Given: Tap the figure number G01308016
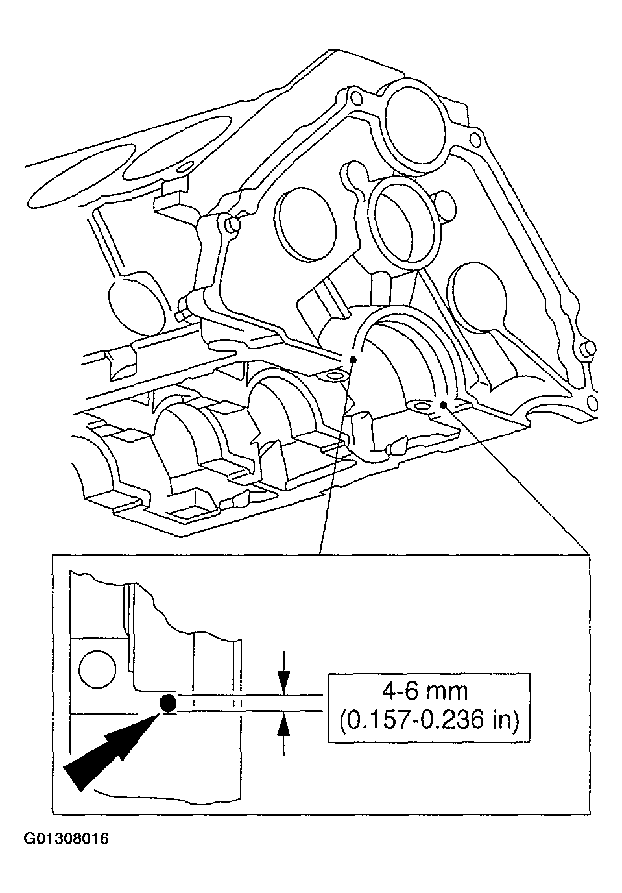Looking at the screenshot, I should (x=66, y=839).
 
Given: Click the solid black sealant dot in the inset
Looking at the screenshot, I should (x=167, y=703).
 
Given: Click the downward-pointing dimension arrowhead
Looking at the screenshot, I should (x=283, y=682).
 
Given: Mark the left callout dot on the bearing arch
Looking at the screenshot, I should (x=352, y=359).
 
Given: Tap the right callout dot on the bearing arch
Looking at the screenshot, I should (x=443, y=405).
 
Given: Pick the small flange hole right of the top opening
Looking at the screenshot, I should (x=475, y=140).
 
